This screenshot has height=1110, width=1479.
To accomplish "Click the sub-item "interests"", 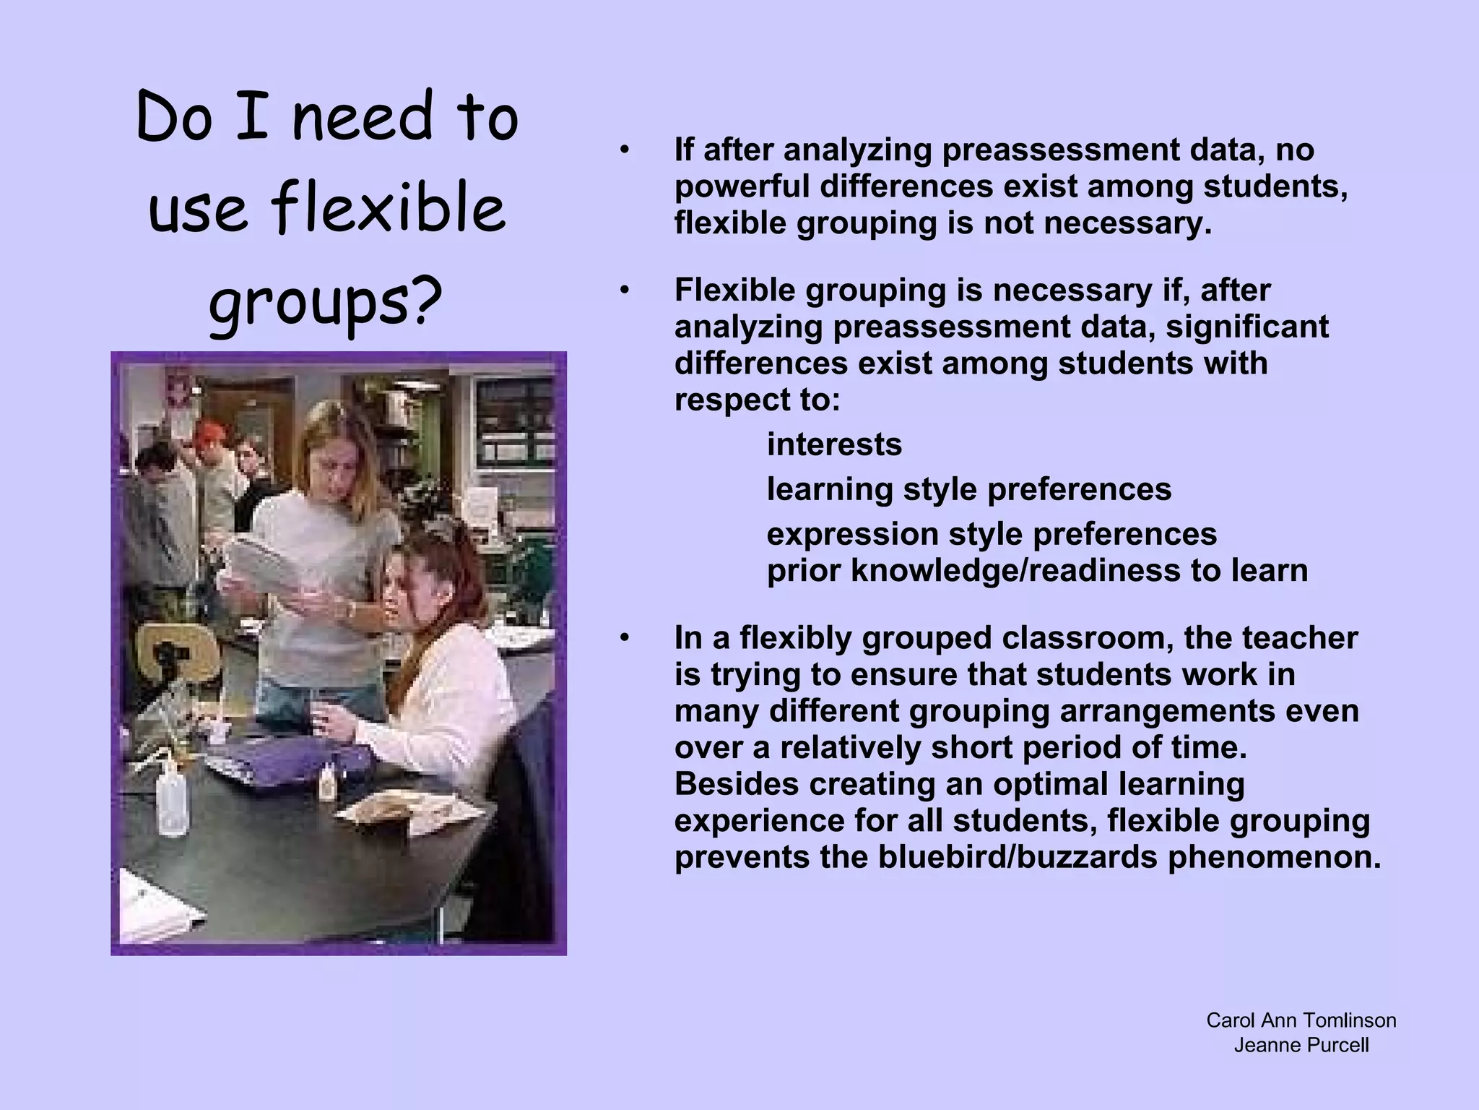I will click(834, 444).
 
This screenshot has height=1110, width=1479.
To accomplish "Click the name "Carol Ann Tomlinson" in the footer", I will click(1301, 1020).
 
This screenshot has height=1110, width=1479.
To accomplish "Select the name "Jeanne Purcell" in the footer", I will click(1301, 1045).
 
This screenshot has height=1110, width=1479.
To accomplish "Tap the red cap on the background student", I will click(209, 432).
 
